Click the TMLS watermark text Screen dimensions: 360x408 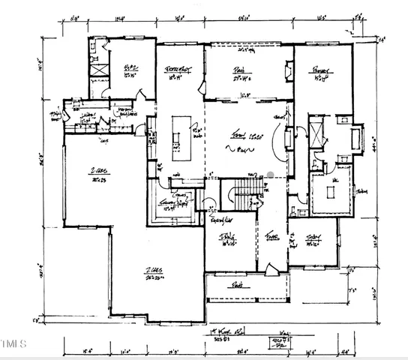point(13,344)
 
